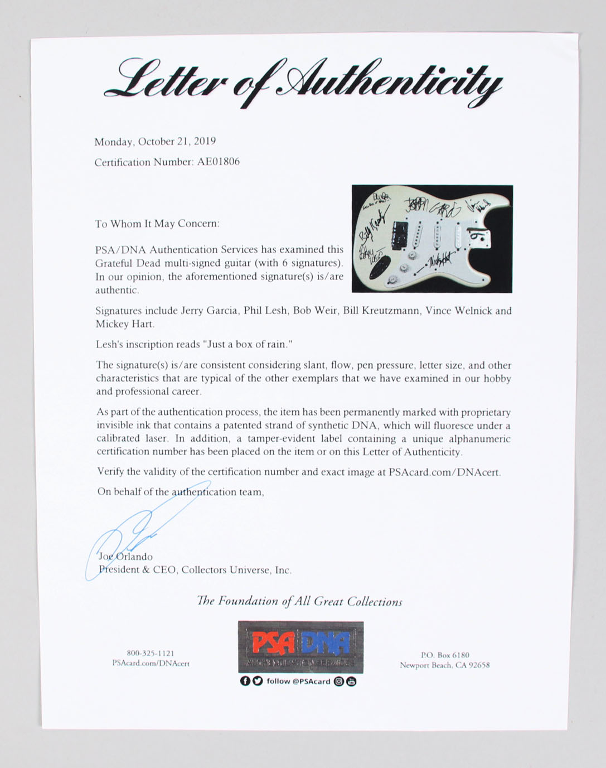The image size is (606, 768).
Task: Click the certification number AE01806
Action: click(x=218, y=162)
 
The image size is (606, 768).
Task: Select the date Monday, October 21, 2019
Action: click(x=155, y=142)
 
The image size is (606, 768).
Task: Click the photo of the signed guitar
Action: click(x=432, y=239)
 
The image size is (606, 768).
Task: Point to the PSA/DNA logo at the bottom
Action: click(x=300, y=647)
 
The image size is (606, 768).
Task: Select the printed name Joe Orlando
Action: click(x=125, y=557)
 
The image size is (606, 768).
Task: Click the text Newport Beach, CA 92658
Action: click(x=444, y=665)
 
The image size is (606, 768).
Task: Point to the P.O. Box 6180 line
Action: click(x=444, y=655)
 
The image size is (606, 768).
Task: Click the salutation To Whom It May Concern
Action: click(x=157, y=224)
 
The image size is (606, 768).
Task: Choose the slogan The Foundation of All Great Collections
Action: click(x=299, y=601)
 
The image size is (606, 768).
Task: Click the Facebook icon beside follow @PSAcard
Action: click(x=245, y=681)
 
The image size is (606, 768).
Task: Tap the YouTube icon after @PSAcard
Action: click(x=351, y=681)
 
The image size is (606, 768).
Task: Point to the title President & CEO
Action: click(x=134, y=570)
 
